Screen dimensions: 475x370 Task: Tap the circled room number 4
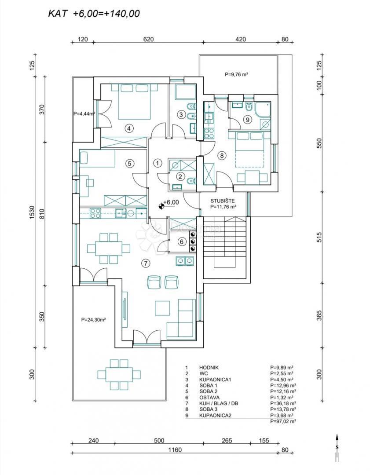(x=128, y=128)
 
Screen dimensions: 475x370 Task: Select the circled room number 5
(x=129, y=163)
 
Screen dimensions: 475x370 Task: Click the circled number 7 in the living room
(x=146, y=263)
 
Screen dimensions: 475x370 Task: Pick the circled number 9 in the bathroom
(x=247, y=119)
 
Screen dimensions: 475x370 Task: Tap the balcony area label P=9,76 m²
(x=236, y=75)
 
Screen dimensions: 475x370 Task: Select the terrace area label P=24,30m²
(x=93, y=320)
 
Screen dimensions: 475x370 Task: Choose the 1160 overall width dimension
(x=174, y=450)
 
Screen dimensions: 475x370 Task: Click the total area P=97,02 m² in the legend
(x=282, y=421)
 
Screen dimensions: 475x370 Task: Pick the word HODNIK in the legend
(x=208, y=367)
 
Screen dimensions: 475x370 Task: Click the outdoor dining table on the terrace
(x=120, y=375)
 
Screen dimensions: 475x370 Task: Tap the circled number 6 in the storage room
(x=180, y=241)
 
